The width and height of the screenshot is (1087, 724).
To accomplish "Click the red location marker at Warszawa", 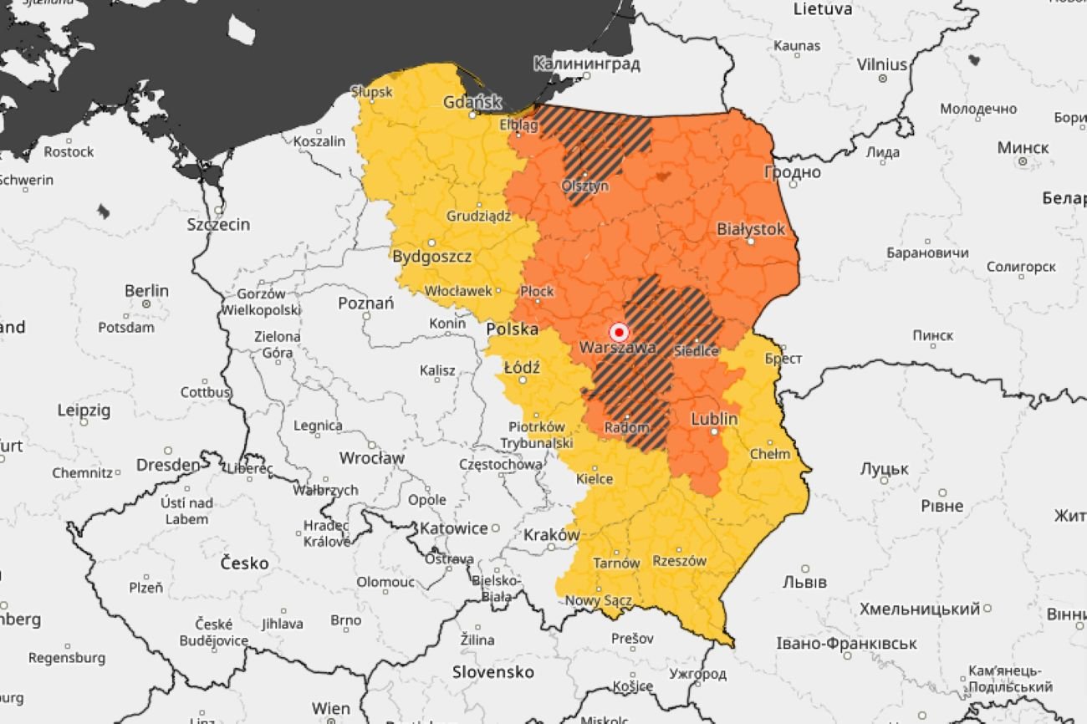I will pyautogui.click(x=619, y=331).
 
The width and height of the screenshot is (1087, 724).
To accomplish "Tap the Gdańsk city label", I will pyautogui.click(x=472, y=102).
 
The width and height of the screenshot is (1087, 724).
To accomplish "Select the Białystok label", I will pyautogui.click(x=751, y=228).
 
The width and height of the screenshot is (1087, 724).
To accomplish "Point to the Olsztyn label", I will pyautogui.click(x=585, y=186).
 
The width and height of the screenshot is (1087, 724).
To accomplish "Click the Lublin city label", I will pyautogui.click(x=714, y=418).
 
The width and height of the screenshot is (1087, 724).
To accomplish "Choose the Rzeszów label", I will pyautogui.click(x=679, y=561).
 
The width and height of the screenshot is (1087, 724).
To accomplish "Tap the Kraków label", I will pyautogui.click(x=552, y=534).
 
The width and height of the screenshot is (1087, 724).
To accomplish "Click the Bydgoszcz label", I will pyautogui.click(x=432, y=256).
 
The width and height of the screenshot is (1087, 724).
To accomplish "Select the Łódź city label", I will pyautogui.click(x=522, y=367).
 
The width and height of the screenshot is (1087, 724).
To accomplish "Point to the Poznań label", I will pyautogui.click(x=365, y=303).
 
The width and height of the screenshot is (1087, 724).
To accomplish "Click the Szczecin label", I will pyautogui.click(x=218, y=224).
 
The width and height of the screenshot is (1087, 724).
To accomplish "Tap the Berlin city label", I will pyautogui.click(x=146, y=291).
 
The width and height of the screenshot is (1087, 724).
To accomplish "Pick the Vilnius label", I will pyautogui.click(x=881, y=64).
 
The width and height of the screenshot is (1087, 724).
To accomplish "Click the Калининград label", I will pyautogui.click(x=586, y=64).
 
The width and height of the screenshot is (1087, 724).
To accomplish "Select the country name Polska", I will pyautogui.click(x=512, y=329).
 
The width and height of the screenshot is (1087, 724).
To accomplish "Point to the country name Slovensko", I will pyautogui.click(x=492, y=671).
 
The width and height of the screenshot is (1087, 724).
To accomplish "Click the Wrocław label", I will pyautogui.click(x=371, y=458).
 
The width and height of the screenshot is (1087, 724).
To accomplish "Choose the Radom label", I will pyautogui.click(x=627, y=427).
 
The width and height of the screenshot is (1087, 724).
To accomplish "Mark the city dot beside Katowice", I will pyautogui.click(x=495, y=528).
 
